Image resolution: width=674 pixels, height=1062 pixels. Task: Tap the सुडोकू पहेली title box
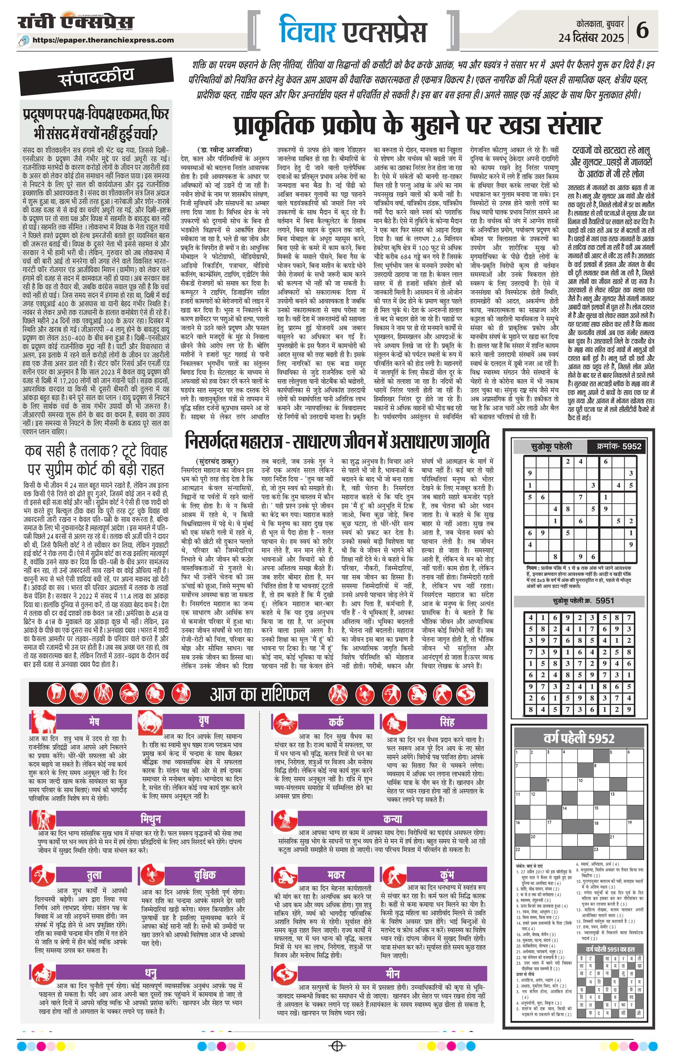[x=551, y=446]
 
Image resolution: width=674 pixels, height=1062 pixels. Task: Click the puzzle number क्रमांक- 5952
[x=617, y=446]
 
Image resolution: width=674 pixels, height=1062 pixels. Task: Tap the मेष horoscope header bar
[x=94, y=722]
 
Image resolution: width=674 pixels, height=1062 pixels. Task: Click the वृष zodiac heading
[x=203, y=722]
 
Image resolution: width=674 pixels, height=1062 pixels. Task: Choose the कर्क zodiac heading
[x=336, y=722]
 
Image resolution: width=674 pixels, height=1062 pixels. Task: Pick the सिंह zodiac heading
[x=447, y=722]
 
